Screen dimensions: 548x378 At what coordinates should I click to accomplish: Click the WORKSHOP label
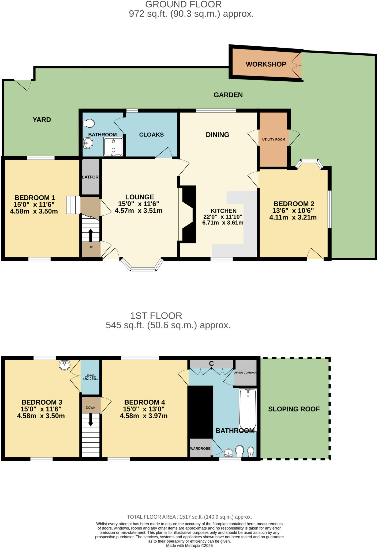(266, 64)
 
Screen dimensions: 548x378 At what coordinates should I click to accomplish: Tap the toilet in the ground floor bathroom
(89, 123)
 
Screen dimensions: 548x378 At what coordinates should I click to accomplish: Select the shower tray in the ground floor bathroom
(113, 146)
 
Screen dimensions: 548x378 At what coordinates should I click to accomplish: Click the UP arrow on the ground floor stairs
(90, 235)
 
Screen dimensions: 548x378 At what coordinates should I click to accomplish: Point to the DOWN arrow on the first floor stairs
(90, 420)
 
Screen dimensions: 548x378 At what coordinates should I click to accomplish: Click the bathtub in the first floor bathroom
(248, 409)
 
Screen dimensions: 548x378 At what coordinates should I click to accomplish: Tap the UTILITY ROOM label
(274, 139)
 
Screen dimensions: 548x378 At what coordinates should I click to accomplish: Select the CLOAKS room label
(151, 135)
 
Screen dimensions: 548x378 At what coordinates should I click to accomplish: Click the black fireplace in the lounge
(189, 214)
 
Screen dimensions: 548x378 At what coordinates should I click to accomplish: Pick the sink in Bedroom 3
(64, 365)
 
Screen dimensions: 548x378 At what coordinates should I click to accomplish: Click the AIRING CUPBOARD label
(245, 372)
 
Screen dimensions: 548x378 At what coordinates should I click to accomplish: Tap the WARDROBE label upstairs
(200, 448)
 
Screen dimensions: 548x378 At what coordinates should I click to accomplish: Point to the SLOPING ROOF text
(294, 409)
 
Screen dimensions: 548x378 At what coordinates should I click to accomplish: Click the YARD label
(42, 120)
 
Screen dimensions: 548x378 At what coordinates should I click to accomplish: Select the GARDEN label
(228, 95)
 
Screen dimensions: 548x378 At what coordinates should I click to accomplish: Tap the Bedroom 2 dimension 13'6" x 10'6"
(293, 211)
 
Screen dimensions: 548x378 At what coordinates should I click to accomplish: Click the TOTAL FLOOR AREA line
(189, 517)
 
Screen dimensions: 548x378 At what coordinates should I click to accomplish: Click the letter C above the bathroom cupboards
(211, 363)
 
